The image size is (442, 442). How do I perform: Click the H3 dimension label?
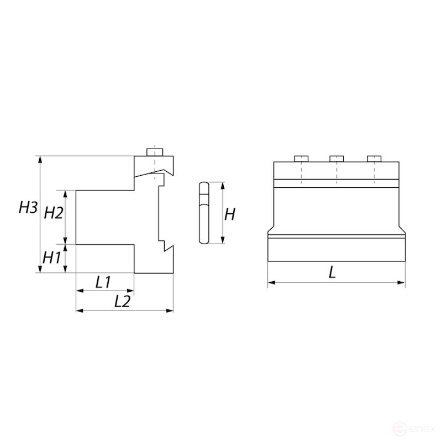[x=28, y=208]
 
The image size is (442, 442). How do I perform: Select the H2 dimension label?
[x=54, y=213]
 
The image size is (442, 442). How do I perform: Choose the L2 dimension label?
[x=122, y=301]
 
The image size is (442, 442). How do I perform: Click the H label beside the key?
[x=230, y=214]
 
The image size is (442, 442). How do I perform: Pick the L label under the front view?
[x=332, y=272]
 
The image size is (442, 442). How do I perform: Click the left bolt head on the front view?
[x=301, y=159]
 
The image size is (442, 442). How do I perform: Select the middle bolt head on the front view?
[x=337, y=159]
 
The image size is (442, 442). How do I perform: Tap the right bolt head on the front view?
[x=375, y=159]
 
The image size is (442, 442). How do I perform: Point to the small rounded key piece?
[x=203, y=213]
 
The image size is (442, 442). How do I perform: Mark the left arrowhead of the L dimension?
[x=270, y=283]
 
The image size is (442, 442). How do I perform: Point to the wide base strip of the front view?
[x=336, y=249]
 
